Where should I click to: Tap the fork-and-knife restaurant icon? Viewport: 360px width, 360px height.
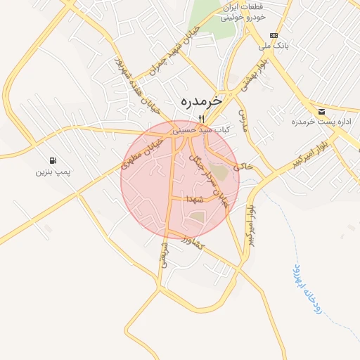[202, 118]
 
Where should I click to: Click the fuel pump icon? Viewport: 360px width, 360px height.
[53, 160]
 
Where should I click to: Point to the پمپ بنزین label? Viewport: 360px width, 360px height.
[53, 172]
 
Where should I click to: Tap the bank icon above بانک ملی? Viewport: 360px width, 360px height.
[274, 36]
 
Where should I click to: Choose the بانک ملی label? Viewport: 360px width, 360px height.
[274, 47]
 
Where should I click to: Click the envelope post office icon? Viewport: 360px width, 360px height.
[321, 111]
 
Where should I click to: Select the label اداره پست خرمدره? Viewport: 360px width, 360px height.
[315, 122]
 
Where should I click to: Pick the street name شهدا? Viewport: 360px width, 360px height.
[196, 200]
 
